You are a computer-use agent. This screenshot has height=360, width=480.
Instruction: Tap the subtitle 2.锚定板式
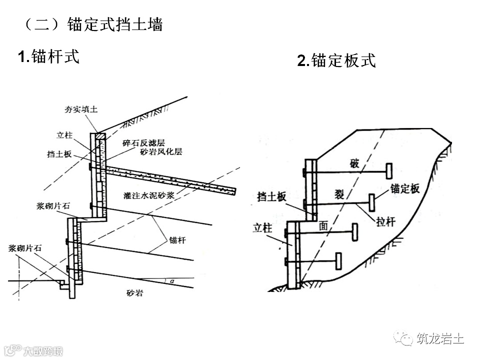click(336, 61)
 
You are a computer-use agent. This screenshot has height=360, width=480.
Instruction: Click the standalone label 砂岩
click(134, 293)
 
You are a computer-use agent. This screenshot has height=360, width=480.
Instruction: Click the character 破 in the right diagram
click(355, 164)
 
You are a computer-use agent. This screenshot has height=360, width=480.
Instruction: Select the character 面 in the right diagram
click(323, 226)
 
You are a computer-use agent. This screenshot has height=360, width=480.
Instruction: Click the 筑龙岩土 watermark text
click(439, 339)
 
